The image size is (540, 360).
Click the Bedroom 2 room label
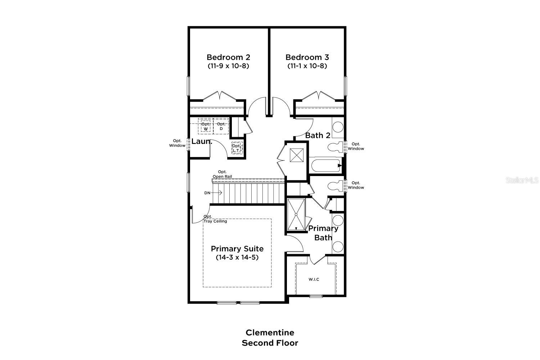[228, 57]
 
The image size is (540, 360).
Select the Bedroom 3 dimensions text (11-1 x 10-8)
[307, 66]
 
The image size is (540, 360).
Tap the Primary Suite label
[237, 249]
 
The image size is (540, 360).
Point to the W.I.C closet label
[314, 279]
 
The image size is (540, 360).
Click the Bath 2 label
[318, 136]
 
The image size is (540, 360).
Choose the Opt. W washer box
[206, 126]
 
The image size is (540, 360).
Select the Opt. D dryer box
[221, 126]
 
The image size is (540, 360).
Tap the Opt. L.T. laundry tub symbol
[237, 148]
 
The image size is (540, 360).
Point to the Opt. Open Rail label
[222, 174]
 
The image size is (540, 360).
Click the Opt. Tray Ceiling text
[215, 219]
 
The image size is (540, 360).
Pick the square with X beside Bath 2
[297, 156]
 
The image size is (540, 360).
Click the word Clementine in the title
[270, 332]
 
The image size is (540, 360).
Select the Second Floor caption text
[270, 343]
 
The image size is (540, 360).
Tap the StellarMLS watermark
[522, 180]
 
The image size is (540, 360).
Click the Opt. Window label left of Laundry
[177, 143]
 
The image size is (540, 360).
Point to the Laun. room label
[202, 141]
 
